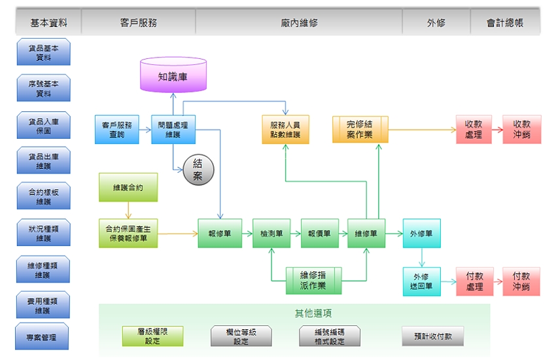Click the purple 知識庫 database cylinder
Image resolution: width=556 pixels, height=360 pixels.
(x=173, y=75)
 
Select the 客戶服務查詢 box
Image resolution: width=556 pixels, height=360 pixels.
(x=117, y=129)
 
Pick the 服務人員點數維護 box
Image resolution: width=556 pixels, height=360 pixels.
(x=285, y=130)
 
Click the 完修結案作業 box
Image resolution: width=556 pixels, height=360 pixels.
(x=360, y=129)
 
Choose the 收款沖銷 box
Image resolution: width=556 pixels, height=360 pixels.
(x=522, y=129)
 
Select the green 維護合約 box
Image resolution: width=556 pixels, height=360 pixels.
(x=128, y=187)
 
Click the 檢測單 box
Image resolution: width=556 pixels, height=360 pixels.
(x=271, y=233)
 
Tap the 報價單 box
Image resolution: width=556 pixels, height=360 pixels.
(x=320, y=233)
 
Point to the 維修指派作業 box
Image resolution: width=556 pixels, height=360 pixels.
(x=313, y=281)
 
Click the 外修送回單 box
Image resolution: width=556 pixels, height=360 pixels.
(x=422, y=281)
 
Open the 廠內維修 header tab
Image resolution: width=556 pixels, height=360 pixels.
(x=299, y=22)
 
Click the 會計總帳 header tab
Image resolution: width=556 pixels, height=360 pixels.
(x=505, y=22)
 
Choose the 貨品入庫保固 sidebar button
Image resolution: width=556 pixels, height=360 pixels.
(x=43, y=124)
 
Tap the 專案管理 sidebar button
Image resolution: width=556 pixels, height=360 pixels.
(x=43, y=338)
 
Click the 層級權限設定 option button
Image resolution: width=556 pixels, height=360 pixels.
(x=152, y=336)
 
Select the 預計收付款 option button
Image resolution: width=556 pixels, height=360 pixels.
(x=432, y=336)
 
